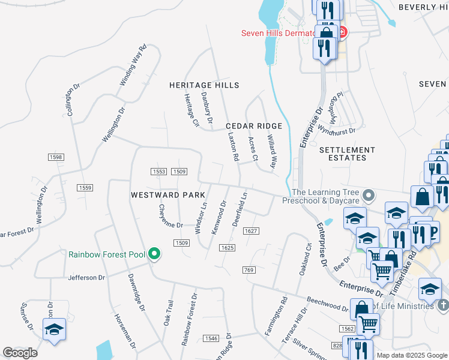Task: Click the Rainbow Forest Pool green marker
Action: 154,254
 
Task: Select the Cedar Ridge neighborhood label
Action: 254,126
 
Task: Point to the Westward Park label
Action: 168,195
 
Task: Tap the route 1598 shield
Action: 56,157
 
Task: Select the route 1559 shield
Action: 85,188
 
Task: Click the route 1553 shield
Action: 158,172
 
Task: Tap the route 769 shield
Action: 250,270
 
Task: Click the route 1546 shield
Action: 211,338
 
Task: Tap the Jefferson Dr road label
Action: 86,278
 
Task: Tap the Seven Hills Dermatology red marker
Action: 342,32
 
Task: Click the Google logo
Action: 20,353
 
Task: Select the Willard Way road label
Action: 273,151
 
